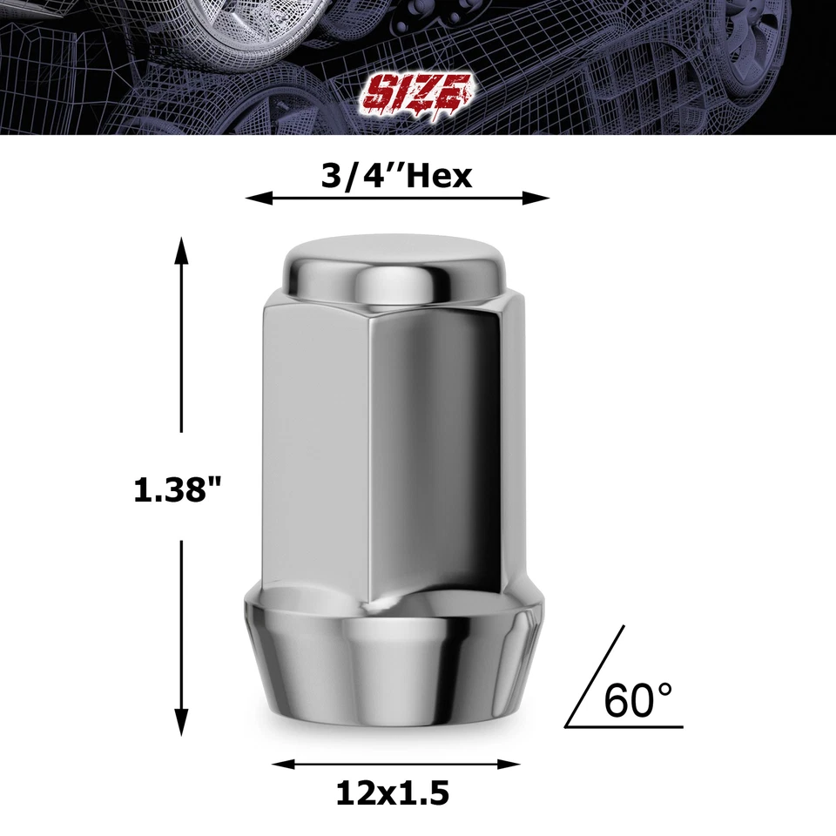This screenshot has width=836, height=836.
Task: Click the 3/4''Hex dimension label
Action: pos(397,176)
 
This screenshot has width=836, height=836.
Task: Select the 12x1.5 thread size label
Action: pos(392,792)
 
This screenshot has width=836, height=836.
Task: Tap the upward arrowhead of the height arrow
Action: pos(181,250)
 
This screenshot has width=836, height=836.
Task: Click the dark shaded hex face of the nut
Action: pos(435,453)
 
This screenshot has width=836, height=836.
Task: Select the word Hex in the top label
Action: pos(440,176)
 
